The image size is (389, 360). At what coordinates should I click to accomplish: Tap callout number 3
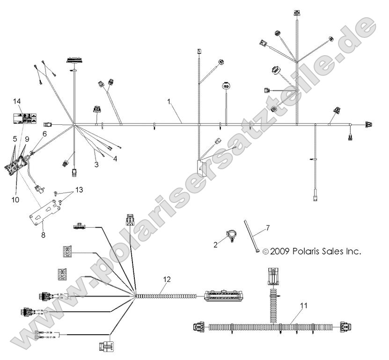(96, 165)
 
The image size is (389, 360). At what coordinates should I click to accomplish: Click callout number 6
(45, 134)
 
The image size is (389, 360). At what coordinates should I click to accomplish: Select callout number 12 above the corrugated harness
(167, 279)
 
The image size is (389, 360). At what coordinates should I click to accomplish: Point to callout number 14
(17, 101)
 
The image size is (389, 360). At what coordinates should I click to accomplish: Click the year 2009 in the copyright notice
(280, 251)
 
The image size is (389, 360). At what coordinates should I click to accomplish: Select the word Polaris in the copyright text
(309, 251)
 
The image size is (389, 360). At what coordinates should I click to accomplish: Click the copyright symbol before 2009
(266, 252)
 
